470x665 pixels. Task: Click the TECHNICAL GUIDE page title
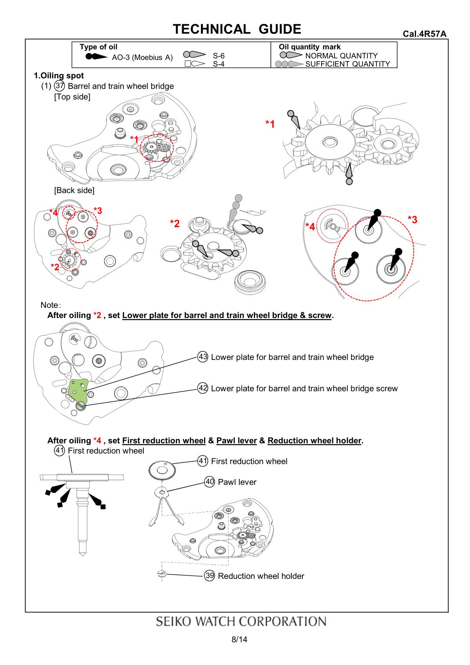click(x=237, y=29)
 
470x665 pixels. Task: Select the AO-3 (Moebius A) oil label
click(x=142, y=58)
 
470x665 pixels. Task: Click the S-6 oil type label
click(x=219, y=56)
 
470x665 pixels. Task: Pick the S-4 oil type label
click(x=219, y=64)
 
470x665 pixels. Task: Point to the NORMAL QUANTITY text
click(x=341, y=56)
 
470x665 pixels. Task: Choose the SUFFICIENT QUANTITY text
click(x=347, y=64)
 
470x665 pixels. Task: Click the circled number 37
click(x=60, y=86)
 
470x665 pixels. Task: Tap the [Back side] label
click(x=74, y=190)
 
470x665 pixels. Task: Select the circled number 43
click(x=203, y=357)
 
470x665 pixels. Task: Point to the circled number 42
click(x=203, y=388)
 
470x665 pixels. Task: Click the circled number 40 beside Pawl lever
click(x=210, y=482)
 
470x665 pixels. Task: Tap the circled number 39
click(x=210, y=575)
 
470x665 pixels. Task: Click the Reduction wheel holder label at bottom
click(x=261, y=576)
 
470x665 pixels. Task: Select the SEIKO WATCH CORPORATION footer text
click(x=241, y=622)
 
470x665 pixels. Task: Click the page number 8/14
click(x=239, y=640)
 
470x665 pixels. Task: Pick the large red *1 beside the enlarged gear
click(x=270, y=125)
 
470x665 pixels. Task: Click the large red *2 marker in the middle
click(x=175, y=224)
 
